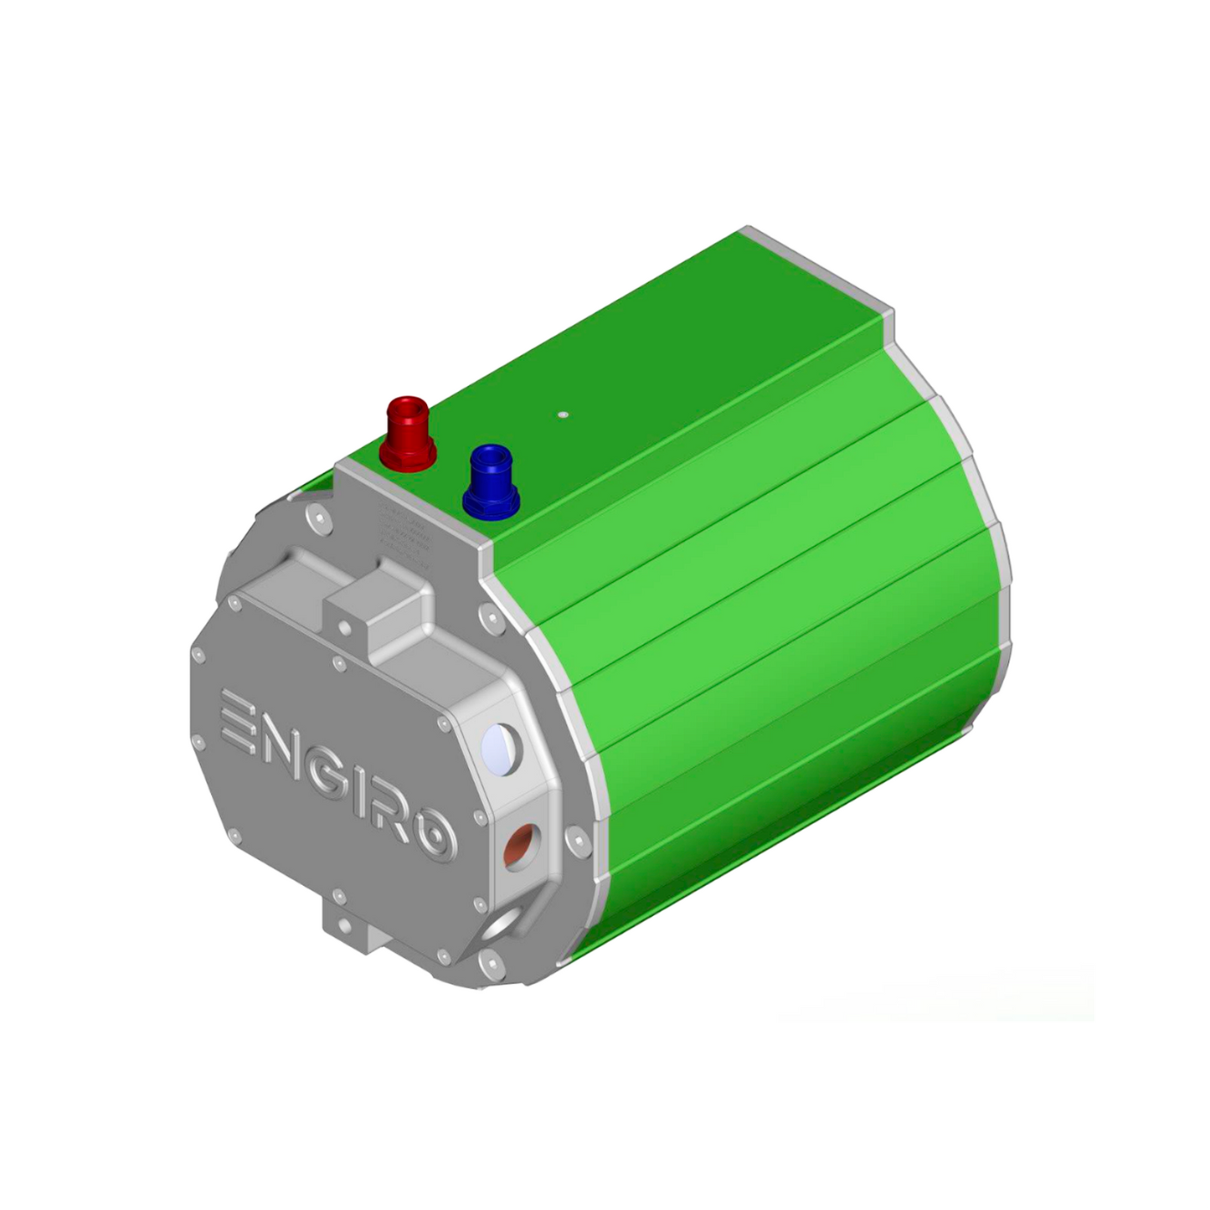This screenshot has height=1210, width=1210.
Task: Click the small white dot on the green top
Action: [563, 413]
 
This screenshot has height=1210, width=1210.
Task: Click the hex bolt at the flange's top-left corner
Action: [314, 520]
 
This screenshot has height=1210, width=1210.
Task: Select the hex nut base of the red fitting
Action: [408, 453]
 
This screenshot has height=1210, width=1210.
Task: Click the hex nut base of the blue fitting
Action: [491, 502]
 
